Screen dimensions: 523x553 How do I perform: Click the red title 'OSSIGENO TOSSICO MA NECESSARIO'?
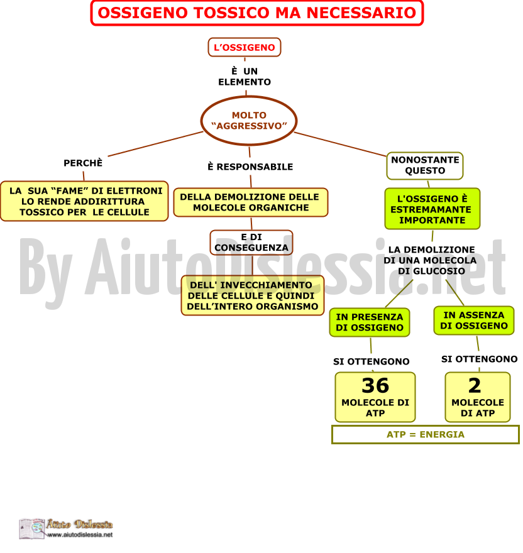[256, 13]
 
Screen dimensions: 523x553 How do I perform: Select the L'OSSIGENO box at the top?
[244, 47]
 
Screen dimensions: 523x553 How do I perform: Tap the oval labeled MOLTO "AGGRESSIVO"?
[249, 121]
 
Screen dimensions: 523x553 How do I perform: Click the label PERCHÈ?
[83, 163]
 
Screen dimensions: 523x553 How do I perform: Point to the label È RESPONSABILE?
[250, 167]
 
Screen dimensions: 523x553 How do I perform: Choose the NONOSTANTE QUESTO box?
[425, 165]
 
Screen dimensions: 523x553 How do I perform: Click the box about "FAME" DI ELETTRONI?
[84, 201]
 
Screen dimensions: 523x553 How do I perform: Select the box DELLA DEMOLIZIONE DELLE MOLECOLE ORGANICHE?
[251, 202]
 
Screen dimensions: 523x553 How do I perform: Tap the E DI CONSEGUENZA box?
[251, 243]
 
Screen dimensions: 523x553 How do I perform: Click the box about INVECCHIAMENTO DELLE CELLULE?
[252, 295]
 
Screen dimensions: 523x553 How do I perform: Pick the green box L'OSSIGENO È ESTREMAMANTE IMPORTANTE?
[432, 209]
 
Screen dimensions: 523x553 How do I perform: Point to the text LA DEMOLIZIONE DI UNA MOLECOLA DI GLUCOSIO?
[430, 260]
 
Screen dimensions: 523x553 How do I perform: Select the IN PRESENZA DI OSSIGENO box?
[370, 322]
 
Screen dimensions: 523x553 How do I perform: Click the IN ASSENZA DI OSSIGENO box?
[473, 320]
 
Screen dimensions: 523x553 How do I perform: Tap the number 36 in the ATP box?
[375, 385]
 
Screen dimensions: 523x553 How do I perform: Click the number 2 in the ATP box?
[475, 385]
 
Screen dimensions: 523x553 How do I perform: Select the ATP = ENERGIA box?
[425, 434]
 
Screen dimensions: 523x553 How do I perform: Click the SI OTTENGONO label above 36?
[372, 361]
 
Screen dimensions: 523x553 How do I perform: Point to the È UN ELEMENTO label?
[244, 77]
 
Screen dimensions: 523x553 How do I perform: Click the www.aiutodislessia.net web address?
[80, 535]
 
